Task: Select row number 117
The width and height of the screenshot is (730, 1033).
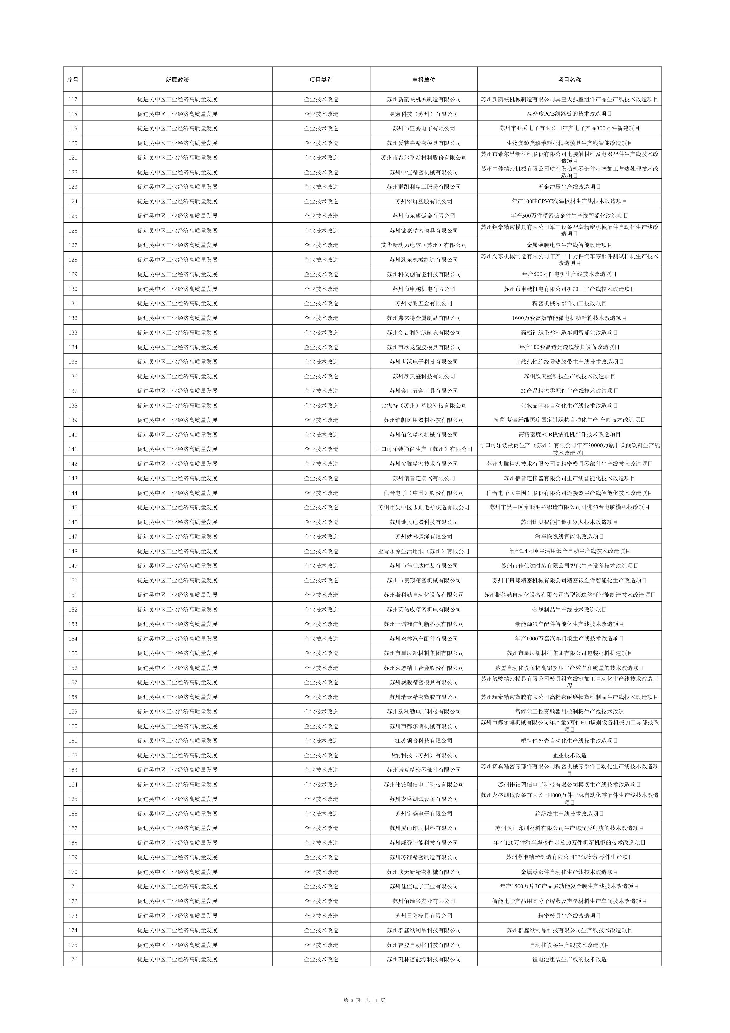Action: [73, 100]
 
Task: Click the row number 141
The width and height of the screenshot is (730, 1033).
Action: [73, 449]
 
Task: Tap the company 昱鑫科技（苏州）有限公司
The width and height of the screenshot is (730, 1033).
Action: [423, 114]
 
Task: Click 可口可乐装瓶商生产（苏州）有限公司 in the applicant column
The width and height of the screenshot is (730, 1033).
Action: [423, 449]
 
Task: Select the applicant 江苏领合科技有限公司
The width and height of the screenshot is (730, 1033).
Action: [423, 741]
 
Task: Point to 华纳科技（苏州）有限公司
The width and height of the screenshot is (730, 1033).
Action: [423, 755]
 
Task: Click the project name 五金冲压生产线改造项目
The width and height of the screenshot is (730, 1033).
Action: [569, 187]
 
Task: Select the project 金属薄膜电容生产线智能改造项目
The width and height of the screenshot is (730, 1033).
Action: [569, 245]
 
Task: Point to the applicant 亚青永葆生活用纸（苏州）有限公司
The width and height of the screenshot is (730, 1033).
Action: [423, 551]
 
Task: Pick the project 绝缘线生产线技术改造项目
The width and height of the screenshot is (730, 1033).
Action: [569, 813]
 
